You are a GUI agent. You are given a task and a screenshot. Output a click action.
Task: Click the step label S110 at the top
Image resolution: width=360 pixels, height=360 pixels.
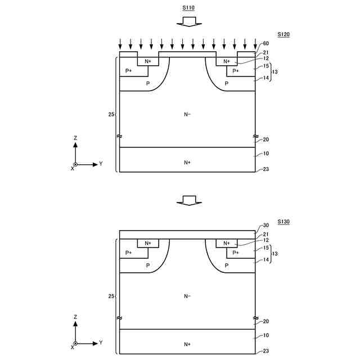tap(188, 7)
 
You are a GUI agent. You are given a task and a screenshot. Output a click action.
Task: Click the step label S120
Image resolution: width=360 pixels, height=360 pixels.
tap(283, 34)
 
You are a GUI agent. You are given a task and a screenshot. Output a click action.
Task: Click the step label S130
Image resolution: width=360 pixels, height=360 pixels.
tap(283, 222)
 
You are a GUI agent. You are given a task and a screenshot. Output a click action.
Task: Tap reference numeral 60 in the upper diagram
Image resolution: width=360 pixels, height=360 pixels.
tap(266, 43)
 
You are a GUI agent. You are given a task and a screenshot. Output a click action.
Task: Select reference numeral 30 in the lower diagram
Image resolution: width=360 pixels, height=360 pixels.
tap(266, 225)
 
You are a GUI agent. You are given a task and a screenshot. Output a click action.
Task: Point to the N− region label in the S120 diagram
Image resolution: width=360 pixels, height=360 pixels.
tap(187, 114)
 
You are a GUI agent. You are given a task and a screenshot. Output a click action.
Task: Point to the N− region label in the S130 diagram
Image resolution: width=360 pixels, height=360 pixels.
tap(187, 296)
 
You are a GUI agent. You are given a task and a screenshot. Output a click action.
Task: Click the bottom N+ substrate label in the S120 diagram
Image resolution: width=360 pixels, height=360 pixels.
tap(187, 163)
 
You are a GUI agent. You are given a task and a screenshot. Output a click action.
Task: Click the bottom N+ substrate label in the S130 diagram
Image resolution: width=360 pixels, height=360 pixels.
tap(187, 344)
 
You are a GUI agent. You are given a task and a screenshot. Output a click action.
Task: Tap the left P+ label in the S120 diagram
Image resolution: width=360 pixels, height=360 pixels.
tap(129, 71)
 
